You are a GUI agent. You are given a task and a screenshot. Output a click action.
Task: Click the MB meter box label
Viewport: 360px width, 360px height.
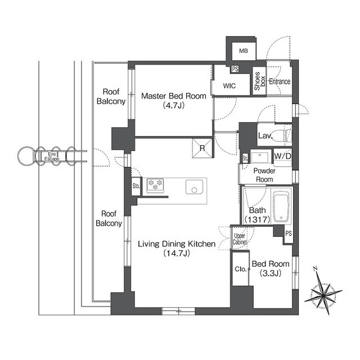pos(244,51)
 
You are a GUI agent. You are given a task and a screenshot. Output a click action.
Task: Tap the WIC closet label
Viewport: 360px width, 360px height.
pos(229,86)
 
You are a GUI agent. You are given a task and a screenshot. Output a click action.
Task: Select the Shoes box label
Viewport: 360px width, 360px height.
pos(260,81)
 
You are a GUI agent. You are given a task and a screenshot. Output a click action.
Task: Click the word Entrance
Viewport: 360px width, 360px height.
pos(280,82)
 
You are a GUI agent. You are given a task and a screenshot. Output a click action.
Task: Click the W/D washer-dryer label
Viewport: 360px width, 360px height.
pos(282,156)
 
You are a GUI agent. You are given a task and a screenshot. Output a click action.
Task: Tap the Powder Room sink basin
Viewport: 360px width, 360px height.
pos(260,157)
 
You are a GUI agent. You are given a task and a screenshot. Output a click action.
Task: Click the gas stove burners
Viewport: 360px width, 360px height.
pos(155,185)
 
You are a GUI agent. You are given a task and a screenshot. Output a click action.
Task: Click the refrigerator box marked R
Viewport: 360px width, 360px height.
pos(202,148)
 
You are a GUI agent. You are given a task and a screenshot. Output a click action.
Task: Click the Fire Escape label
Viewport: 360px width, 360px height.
pos(52,156)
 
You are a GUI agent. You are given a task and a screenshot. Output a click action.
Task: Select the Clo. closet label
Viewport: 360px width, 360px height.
pos(241,269)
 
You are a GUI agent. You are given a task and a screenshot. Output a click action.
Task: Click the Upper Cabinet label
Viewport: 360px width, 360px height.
pos(240,238)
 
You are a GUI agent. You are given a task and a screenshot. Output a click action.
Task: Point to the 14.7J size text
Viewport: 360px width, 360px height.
pos(177,254)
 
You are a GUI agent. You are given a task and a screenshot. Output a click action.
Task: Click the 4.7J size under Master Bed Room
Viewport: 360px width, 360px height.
pos(174,105)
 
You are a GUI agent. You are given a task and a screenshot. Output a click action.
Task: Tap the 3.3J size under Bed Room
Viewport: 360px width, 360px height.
pos(271,273)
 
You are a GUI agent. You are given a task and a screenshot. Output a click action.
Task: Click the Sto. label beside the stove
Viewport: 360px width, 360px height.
pos(136,186)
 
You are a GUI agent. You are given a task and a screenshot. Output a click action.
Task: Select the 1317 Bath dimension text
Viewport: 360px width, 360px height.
pos(258,220)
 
